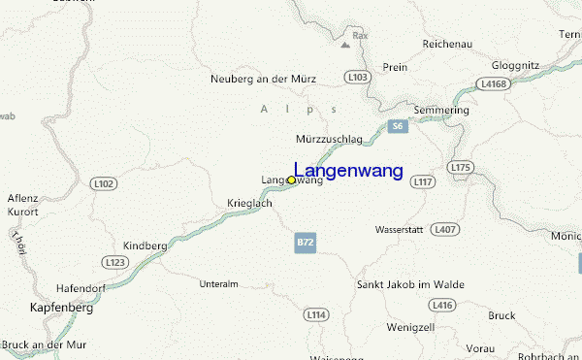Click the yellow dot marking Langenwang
[291, 180]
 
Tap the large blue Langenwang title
[348, 171]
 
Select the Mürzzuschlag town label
[329, 139]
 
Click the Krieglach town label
[249, 204]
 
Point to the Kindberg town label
[145, 246]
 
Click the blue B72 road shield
[306, 243]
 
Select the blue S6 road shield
[396, 127]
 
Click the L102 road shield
[103, 182]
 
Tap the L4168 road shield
[494, 84]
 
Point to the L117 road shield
[423, 181]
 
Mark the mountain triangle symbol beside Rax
[345, 44]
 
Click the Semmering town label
[441, 110]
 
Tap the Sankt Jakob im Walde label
[410, 284]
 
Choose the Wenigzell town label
[410, 326]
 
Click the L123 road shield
[115, 262]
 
